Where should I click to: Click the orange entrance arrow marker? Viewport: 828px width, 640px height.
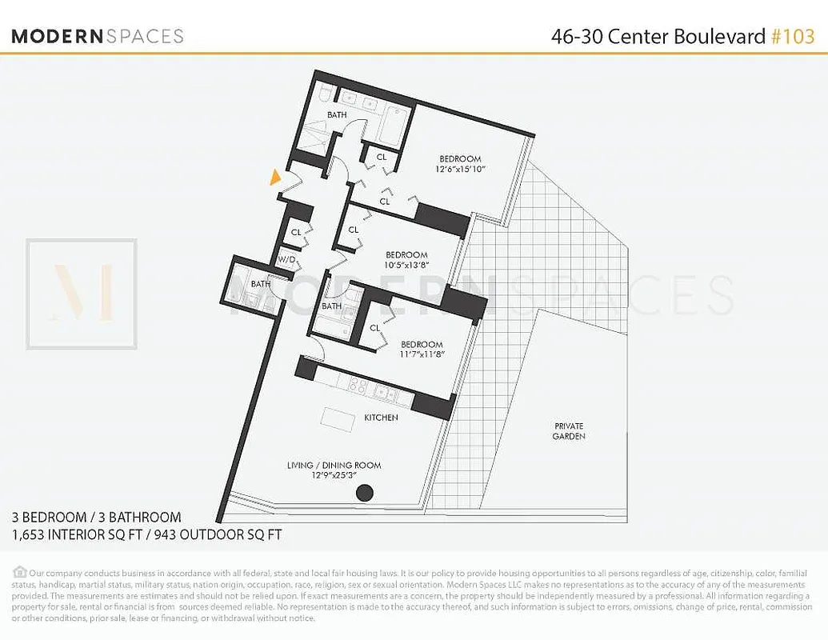coord(276,178)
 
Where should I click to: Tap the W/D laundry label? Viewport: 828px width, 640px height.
coord(286,260)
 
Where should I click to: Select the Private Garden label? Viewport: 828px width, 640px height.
coord(568,431)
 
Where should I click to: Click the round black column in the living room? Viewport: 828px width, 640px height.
coord(364,493)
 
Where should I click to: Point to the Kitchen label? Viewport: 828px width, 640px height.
coord(381,418)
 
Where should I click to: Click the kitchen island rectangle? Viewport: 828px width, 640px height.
coord(338,418)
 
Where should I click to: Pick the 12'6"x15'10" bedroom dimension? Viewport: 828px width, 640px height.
coord(460,170)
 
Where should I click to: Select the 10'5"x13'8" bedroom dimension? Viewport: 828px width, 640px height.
coord(406,266)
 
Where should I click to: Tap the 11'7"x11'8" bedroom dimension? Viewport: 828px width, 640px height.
coord(422,355)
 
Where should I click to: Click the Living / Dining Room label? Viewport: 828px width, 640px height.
coord(334,466)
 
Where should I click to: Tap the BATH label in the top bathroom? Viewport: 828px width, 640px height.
coord(337,115)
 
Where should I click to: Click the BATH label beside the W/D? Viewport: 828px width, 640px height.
coord(261,283)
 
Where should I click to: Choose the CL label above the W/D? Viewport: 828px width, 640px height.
coord(296,232)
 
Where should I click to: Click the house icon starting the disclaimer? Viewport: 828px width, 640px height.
coord(19,572)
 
